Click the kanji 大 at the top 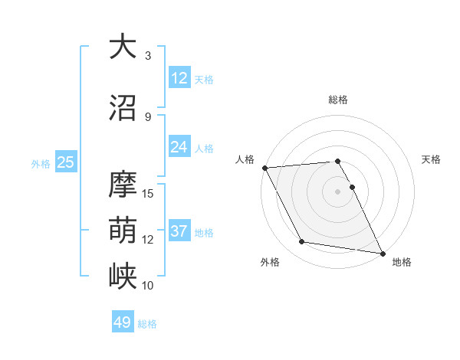click(123, 47)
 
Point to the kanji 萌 click(123, 230)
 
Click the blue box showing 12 click(179, 78)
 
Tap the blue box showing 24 click(179, 147)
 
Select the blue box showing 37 click(179, 231)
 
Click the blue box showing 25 click(65, 162)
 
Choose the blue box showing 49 click(123, 322)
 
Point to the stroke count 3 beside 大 click(148, 55)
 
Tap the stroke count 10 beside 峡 click(148, 285)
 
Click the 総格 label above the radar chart click(337, 100)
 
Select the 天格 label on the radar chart click(431, 159)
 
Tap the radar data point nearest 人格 click(264, 168)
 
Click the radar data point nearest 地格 click(381, 253)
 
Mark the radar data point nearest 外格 click(302, 242)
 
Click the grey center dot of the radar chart click(337, 191)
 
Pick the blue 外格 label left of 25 click(40, 163)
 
